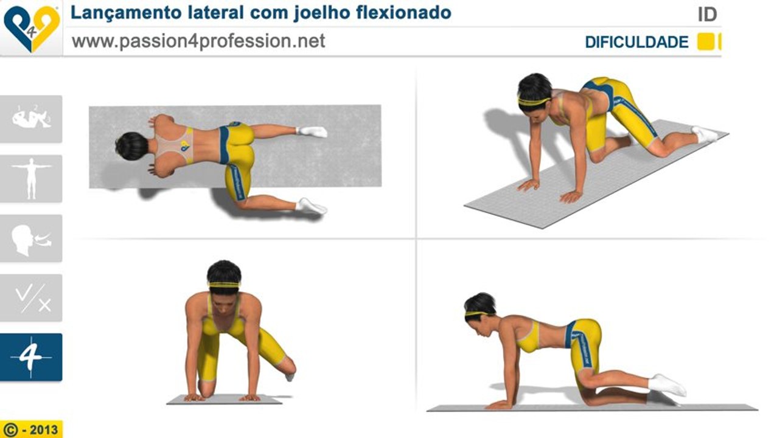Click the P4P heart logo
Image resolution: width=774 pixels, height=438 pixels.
point(31,28)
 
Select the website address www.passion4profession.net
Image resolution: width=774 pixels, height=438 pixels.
point(198,41)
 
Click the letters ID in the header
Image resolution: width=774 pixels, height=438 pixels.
point(707,15)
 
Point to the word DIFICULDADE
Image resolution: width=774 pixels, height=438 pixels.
point(636,43)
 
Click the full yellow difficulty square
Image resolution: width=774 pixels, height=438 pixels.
point(705,42)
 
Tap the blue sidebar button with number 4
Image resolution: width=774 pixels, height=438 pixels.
point(31,357)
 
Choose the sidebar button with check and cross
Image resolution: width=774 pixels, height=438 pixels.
point(31,297)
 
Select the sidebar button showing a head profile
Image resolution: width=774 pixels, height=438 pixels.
point(31,238)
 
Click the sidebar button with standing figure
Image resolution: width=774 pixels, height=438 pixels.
point(31,178)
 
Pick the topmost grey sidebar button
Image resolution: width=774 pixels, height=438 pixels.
point(31,119)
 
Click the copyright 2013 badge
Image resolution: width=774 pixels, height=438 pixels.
point(32,429)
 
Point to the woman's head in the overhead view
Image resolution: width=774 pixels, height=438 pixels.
point(132,146)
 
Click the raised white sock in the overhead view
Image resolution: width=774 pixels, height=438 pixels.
point(312,131)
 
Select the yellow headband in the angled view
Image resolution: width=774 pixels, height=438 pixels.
point(534,101)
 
